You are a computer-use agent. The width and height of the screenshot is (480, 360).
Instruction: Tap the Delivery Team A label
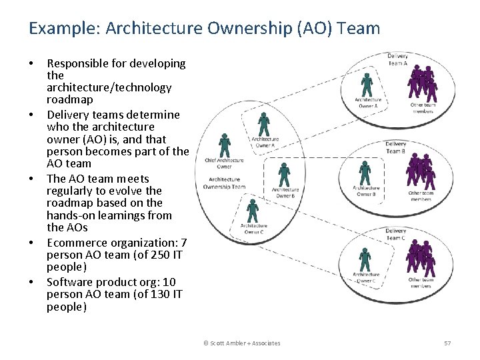(x=397, y=59)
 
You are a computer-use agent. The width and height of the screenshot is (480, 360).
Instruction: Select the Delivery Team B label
(x=395, y=147)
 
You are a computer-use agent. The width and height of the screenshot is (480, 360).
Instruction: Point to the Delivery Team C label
(x=395, y=234)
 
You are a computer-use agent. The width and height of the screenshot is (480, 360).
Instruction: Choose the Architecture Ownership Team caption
(x=224, y=183)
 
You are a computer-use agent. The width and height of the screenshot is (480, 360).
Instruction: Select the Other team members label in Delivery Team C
(x=420, y=283)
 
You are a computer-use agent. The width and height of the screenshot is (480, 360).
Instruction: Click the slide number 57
(x=447, y=343)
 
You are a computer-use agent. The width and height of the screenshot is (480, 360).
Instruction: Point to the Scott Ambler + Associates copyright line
(x=242, y=343)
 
